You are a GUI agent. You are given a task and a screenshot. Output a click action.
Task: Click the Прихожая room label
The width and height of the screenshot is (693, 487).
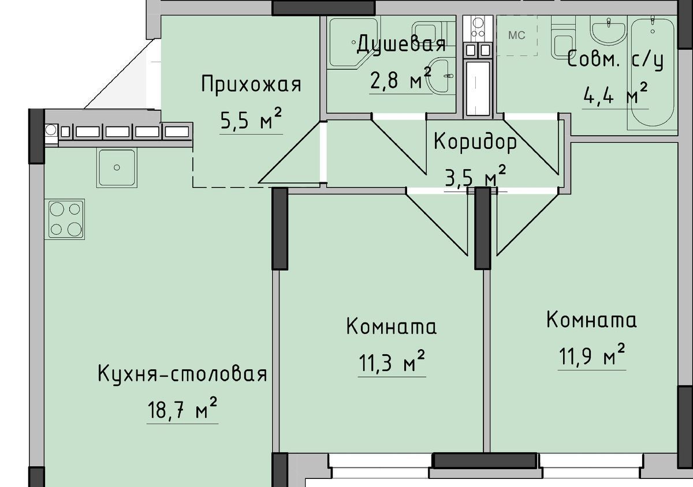pyautogui.click(x=251, y=84)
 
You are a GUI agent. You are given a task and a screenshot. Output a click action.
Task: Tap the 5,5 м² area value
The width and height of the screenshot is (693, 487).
pyautogui.click(x=251, y=119)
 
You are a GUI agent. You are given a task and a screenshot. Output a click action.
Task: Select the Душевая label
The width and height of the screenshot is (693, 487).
pyautogui.click(x=401, y=45)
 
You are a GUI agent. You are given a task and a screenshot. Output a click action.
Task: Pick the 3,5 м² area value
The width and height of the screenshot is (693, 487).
pyautogui.click(x=475, y=176)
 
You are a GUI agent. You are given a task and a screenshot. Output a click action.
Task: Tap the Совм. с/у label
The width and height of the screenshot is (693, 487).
pyautogui.click(x=616, y=61)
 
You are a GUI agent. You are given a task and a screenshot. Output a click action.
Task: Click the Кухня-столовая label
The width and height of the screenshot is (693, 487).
pyautogui.click(x=182, y=374)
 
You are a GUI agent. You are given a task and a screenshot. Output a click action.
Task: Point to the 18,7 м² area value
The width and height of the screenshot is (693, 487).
pyautogui.click(x=182, y=408)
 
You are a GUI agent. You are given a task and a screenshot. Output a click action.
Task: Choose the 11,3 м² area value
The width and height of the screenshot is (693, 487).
pyautogui.click(x=392, y=361)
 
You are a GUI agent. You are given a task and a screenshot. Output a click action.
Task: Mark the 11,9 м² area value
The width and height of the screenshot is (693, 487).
pyautogui.click(x=591, y=355)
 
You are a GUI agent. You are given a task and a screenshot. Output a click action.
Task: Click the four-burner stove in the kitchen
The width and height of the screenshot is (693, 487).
pyautogui.click(x=65, y=219)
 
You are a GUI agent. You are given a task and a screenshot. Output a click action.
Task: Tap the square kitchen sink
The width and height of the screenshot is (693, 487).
pyautogui.click(x=117, y=167)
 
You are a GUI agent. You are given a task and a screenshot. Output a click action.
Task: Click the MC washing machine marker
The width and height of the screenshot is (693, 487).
pyautogui.click(x=517, y=36)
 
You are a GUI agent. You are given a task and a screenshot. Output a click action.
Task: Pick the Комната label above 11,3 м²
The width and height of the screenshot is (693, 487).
pyautogui.click(x=392, y=326)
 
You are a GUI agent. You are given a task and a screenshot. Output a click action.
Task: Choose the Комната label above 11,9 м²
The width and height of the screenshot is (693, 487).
pyautogui.click(x=591, y=320)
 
